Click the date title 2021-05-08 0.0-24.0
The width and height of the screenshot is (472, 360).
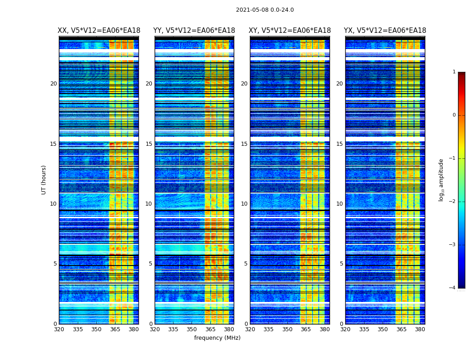coord(265,10)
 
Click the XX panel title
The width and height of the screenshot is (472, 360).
coord(99,31)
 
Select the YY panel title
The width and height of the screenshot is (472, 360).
coord(194,31)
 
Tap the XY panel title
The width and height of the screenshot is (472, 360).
coord(290,31)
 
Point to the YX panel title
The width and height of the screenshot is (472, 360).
coord(385,31)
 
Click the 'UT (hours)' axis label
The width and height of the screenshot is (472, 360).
coord(44,180)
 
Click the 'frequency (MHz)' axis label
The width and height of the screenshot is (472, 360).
coord(217,338)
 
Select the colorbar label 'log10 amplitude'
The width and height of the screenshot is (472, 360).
coord(441,180)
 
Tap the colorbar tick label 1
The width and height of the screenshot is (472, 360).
coord(454,72)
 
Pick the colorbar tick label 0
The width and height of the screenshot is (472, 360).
coord(454,115)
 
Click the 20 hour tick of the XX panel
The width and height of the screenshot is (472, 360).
coord(53,84)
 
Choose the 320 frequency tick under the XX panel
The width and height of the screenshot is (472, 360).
coord(59,329)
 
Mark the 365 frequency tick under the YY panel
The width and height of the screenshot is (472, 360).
coord(210,329)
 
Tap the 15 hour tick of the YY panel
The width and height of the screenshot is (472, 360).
coord(149,144)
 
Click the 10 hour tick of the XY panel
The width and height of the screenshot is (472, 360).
coord(244,204)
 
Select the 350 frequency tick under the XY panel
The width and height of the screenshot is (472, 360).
coord(287,329)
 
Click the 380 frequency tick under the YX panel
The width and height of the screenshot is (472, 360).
coord(420,329)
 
